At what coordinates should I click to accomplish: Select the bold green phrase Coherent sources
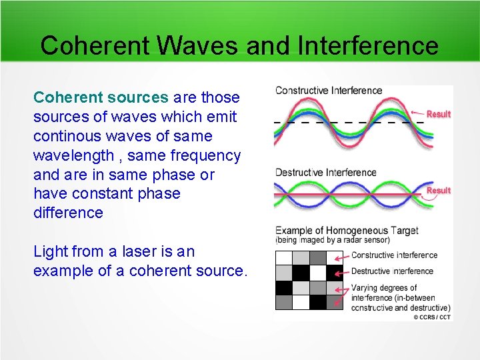click(101, 97)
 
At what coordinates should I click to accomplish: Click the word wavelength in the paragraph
click(73, 155)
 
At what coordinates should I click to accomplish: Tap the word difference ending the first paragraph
click(68, 213)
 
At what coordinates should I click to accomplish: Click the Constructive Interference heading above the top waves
click(329, 91)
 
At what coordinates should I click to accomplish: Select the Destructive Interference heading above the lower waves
click(326, 172)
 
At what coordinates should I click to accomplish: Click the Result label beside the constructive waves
click(438, 114)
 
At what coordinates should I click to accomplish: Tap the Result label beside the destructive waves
click(438, 190)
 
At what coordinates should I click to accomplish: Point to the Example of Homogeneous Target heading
click(347, 231)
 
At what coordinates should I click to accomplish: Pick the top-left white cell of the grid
click(284, 257)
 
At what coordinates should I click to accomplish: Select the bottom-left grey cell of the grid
click(284, 302)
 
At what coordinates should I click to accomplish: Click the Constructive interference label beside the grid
click(394, 255)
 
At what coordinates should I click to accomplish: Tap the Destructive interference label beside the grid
click(392, 271)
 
